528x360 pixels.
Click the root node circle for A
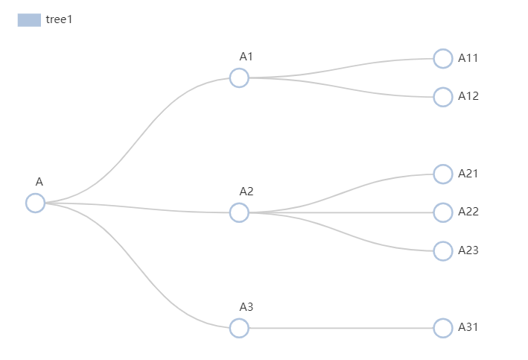pos(35,203)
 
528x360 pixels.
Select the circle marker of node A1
pos(239,78)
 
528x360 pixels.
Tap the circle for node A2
pos(239,212)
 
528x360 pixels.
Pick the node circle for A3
pos(239,328)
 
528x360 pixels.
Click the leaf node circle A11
pos(443,58)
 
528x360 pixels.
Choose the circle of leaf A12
pos(443,97)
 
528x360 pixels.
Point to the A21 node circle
pos(443,174)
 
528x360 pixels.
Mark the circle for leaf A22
pos(443,212)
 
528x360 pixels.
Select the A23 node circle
pos(443,251)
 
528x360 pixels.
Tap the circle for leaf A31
pos(443,328)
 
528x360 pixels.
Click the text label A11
pos(468,58)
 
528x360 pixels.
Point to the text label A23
pos(468,250)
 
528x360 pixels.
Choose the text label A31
pos(468,327)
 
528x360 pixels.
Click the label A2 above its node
pos(246,192)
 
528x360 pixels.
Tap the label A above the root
pos(39,182)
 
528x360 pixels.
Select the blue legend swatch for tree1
pos(29,20)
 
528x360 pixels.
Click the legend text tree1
pos(59,20)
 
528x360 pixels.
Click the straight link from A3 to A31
pos(341,328)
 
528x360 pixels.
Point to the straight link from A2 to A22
pos(341,212)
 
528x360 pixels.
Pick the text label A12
pos(468,96)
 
